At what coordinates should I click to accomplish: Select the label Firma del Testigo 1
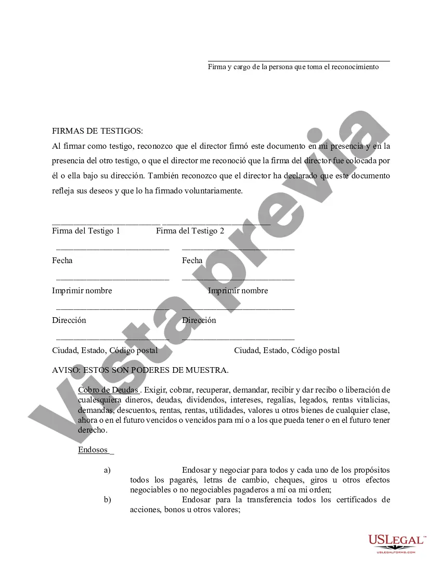(x=86, y=231)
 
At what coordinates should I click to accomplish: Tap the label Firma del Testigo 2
(x=190, y=231)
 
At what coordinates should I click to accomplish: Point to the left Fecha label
(x=62, y=261)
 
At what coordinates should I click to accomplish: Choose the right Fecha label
(x=192, y=261)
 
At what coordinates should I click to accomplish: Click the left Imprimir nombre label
(x=82, y=291)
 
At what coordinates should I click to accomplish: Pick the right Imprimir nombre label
(x=238, y=291)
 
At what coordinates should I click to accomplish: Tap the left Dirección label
(x=69, y=320)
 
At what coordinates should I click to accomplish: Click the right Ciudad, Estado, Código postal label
(x=287, y=350)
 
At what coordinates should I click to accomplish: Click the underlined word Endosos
(x=93, y=450)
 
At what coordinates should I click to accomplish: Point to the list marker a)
(x=107, y=471)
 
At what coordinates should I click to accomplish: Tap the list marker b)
(x=107, y=500)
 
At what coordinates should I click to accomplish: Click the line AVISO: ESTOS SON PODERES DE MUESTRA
(x=140, y=370)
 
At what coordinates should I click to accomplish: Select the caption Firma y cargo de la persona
(x=293, y=67)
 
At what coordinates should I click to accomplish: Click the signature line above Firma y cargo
(x=299, y=61)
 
